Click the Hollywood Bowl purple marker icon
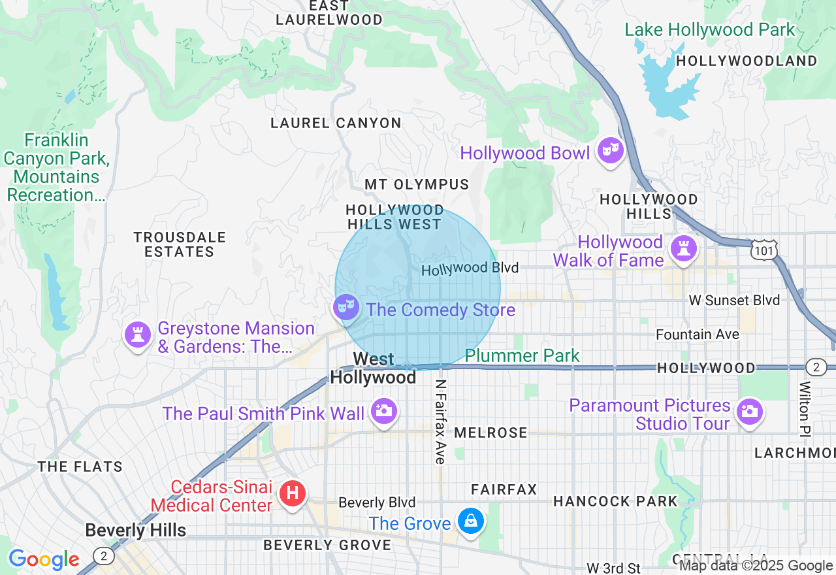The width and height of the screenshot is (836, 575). coord(610,151)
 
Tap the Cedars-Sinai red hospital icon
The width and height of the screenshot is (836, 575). coord(293,493)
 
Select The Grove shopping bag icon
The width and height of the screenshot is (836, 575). coord(470,521)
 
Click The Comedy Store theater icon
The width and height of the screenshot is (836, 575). coord(346,306)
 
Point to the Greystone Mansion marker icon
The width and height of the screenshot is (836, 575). coord(138,335)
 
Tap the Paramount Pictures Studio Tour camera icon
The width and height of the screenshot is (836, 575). coord(749,411)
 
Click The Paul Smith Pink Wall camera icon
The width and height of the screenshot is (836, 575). coord(384,411)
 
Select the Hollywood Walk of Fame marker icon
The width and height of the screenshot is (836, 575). coord(683,248)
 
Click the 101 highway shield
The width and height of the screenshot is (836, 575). coord(764,250)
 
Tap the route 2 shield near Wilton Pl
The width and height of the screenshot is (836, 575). coord(816,367)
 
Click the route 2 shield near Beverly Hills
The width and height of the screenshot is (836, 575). coord(103,556)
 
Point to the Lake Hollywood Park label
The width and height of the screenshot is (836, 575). coord(710,29)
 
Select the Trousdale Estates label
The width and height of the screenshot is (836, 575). coord(179,244)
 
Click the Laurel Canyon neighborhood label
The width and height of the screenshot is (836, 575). coord(336,123)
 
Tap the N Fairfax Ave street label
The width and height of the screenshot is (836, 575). coord(441,422)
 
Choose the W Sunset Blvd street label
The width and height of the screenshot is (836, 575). coord(735,300)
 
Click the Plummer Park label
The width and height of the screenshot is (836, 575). coord(522,355)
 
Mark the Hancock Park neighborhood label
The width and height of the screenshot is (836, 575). coord(615,501)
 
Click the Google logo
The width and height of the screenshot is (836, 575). coord(44,559)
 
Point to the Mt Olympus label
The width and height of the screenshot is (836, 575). coord(417,184)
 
